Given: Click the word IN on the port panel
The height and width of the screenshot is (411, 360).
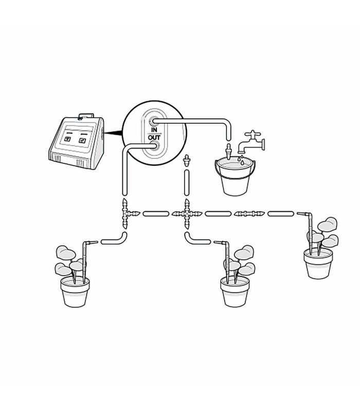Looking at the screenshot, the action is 154,130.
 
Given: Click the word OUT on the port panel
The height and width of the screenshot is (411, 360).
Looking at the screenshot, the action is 154,137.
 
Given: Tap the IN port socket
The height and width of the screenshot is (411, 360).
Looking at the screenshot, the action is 153,121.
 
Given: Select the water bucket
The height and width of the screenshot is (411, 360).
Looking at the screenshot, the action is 235,177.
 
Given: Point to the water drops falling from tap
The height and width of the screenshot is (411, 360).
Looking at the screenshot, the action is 241,160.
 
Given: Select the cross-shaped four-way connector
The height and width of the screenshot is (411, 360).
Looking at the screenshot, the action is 187,214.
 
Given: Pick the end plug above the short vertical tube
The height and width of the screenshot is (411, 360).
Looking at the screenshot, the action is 187,161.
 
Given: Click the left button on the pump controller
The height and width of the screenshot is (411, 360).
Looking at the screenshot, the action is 67,139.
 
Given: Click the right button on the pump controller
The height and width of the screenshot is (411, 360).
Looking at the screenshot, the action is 82,140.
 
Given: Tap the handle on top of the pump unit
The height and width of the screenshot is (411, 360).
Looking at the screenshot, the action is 85,116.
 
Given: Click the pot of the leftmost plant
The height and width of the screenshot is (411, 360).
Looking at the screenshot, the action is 75,292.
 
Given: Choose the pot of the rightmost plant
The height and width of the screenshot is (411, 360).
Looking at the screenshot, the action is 318,264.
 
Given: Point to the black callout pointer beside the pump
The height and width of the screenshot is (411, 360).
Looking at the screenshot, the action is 113,133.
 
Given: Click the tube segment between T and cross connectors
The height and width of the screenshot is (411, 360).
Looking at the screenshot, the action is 156,214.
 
